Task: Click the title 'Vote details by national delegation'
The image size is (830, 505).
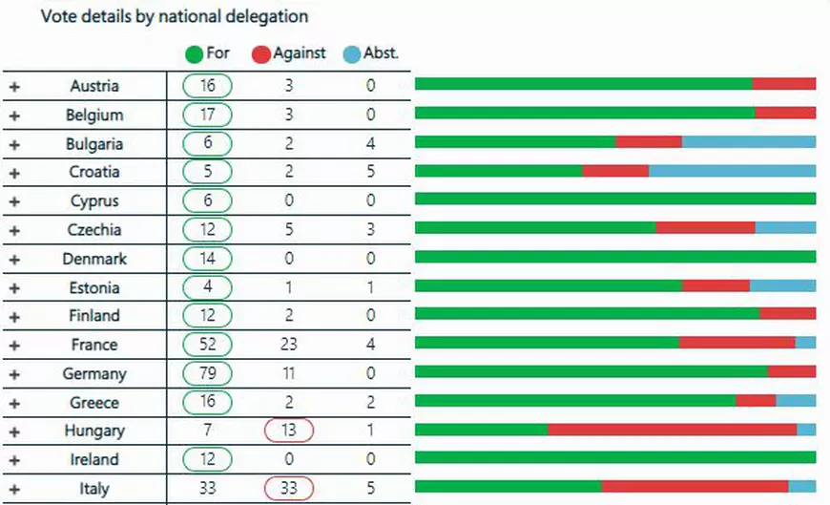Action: point(174,17)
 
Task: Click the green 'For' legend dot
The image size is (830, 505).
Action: point(194,54)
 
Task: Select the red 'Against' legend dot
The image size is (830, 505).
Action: point(260,54)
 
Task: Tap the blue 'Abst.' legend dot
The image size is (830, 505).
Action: point(352,54)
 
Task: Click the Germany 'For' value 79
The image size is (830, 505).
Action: point(208,373)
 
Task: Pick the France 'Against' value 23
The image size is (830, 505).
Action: point(288,345)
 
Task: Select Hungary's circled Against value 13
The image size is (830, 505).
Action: point(288,431)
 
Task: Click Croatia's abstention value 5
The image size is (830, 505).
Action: point(370,173)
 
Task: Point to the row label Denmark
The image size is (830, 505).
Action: point(94,259)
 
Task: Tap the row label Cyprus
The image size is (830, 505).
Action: point(94,201)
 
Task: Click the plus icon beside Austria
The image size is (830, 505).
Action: point(14,87)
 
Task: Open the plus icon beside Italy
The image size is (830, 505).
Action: point(14,489)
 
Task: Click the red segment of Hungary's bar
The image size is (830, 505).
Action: point(672,430)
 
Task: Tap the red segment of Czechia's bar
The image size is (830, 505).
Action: point(705,227)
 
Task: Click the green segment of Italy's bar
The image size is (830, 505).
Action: point(508,486)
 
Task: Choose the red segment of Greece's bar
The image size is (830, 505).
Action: point(756,400)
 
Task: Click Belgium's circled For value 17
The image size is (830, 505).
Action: point(208,116)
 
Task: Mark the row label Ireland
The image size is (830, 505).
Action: point(94,459)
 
